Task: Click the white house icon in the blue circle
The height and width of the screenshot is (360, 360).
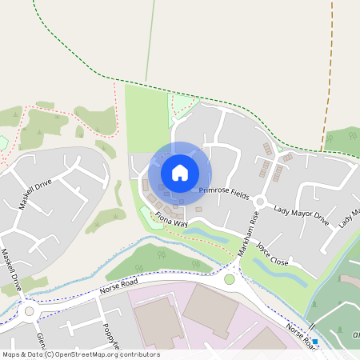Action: point(180,172)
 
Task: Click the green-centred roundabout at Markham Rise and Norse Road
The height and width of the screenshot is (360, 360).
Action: point(230,279)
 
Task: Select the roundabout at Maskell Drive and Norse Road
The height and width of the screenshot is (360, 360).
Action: point(31,311)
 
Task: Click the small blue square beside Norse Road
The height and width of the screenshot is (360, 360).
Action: point(315,342)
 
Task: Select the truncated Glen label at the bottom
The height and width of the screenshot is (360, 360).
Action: point(40,339)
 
